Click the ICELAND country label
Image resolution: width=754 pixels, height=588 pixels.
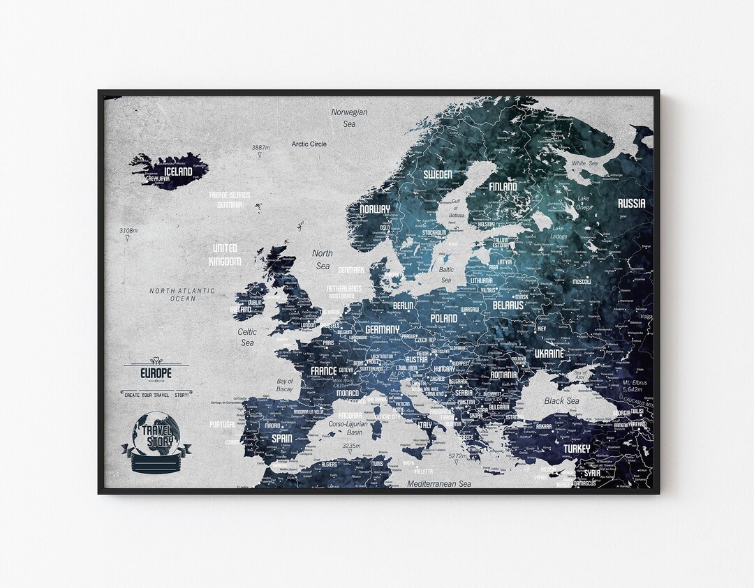[x=177, y=171]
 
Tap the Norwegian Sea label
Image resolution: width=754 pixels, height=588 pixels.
[x=349, y=117]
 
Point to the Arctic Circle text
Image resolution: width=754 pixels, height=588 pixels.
[x=309, y=144]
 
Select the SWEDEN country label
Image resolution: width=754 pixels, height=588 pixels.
[x=438, y=174]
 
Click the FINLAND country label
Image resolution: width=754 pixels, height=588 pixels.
[x=503, y=187]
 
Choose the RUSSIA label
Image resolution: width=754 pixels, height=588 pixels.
[x=631, y=204]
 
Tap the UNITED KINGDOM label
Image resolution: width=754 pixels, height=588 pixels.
[x=224, y=255]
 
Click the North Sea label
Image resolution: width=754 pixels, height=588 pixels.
[x=323, y=259]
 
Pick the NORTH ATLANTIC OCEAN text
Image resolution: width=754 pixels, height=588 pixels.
[x=182, y=294]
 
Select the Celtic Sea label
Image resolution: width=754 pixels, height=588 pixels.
[x=246, y=338]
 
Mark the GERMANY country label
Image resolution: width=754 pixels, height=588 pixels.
[x=382, y=329]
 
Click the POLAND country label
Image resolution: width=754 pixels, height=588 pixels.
[x=444, y=319]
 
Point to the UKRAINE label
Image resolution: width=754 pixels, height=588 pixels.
[x=549, y=354]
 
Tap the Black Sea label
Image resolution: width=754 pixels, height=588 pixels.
[x=561, y=401]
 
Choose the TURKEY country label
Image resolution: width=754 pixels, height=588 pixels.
[x=577, y=448]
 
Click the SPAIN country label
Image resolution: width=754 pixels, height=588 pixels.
[x=281, y=438]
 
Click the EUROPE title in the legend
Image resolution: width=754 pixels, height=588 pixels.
[x=156, y=373]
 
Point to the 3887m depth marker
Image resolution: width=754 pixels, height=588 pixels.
[x=260, y=148]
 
